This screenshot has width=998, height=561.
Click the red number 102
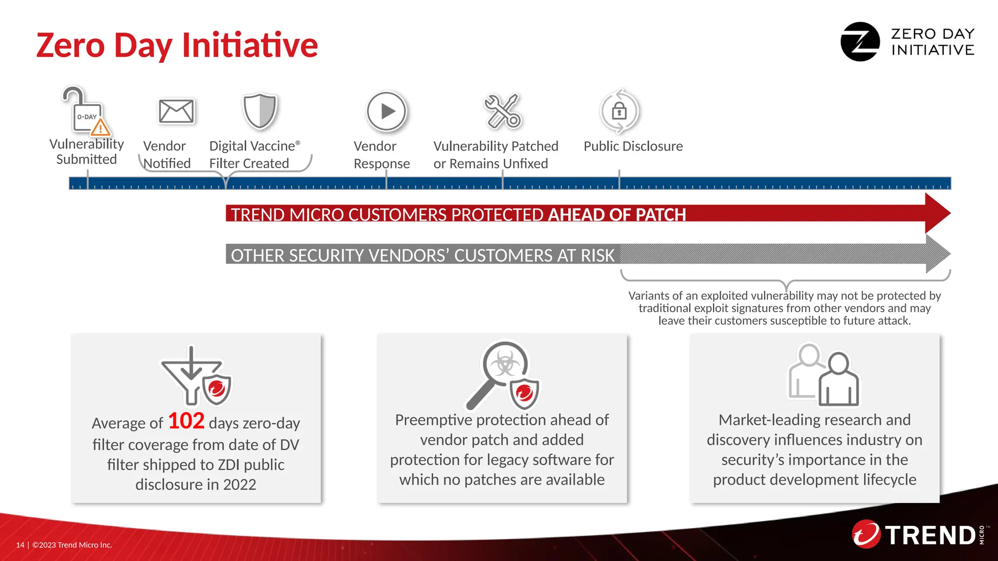(x=186, y=421)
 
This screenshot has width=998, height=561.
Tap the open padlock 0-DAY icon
(x=86, y=111)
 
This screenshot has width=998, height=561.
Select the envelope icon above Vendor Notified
(x=176, y=111)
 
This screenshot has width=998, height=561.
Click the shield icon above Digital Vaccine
(x=260, y=111)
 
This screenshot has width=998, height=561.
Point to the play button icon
(x=386, y=111)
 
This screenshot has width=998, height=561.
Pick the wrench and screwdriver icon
(x=502, y=111)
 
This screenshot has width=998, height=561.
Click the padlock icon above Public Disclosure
(x=619, y=112)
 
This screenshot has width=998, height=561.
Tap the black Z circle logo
(x=860, y=42)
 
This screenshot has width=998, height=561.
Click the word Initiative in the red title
(x=249, y=45)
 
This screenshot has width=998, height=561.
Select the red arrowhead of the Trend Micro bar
(x=937, y=213)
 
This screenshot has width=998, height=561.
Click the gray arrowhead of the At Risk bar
(x=937, y=254)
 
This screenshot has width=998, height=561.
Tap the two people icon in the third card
(x=824, y=375)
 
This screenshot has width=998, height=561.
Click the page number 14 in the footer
(x=20, y=545)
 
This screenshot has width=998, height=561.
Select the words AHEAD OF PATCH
(x=617, y=215)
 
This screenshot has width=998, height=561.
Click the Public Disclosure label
(x=633, y=146)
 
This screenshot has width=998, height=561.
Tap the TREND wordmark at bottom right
(x=930, y=535)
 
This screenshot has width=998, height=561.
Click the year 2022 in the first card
(x=239, y=485)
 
